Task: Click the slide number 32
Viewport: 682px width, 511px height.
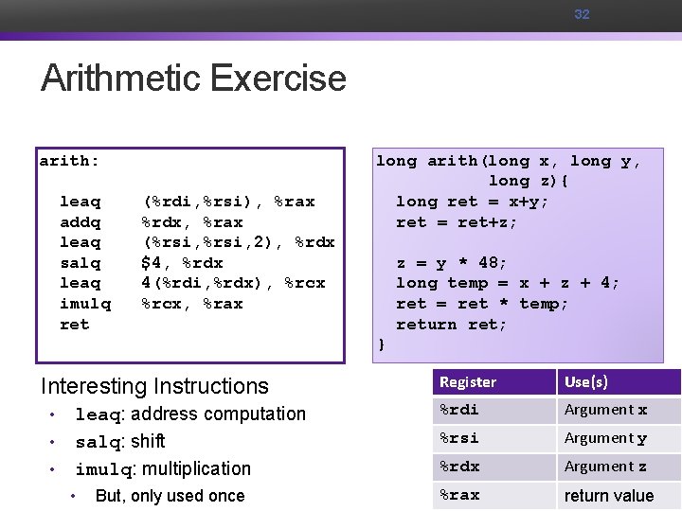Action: click(582, 14)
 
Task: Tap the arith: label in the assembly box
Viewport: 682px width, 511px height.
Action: click(69, 161)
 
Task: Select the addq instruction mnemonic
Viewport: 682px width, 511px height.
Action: click(80, 222)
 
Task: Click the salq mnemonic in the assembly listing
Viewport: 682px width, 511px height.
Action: click(80, 263)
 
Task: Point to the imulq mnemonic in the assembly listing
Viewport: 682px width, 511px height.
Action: click(85, 304)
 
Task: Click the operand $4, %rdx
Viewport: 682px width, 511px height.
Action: click(182, 263)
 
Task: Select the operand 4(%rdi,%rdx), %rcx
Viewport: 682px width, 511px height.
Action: click(233, 283)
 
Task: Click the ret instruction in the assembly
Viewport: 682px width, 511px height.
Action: click(74, 325)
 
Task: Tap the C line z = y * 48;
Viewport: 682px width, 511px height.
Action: click(452, 263)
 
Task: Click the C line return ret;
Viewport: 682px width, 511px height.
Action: click(452, 325)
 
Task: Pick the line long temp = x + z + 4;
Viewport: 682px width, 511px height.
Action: click(508, 283)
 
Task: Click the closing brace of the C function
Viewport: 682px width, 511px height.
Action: click(381, 344)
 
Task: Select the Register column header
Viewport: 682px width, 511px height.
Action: click(468, 382)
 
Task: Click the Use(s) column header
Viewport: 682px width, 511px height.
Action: click(586, 382)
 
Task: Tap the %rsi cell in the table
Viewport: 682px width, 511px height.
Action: click(459, 438)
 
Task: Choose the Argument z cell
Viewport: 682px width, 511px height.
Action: click(606, 467)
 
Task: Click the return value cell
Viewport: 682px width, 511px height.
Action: click(609, 495)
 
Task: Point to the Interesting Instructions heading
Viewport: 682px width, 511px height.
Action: click(154, 386)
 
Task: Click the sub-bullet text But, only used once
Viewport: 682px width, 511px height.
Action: click(170, 496)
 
